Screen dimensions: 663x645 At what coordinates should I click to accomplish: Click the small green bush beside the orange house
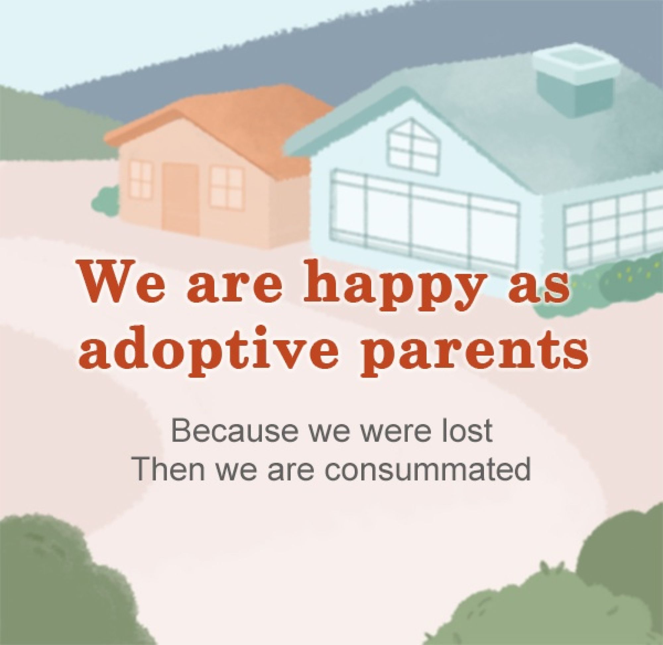click(105, 204)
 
